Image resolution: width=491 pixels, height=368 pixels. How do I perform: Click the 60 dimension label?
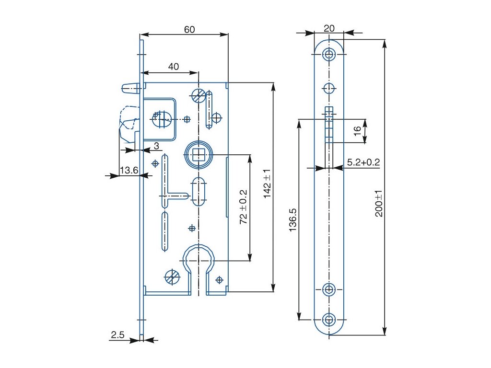(189, 29)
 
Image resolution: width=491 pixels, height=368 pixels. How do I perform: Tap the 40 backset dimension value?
(174, 67)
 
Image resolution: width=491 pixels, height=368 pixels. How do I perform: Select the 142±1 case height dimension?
(267, 184)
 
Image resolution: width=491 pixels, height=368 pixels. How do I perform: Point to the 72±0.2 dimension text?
(244, 207)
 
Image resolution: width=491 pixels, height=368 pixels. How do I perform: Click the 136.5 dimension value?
(293, 220)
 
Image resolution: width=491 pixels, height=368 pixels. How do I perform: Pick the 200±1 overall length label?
(379, 203)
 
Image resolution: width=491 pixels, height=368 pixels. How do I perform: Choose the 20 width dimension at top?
(329, 28)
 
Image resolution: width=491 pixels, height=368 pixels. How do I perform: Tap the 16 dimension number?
(357, 131)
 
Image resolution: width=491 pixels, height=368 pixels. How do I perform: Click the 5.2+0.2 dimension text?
(363, 162)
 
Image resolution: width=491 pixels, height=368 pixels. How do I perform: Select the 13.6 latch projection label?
(129, 170)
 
